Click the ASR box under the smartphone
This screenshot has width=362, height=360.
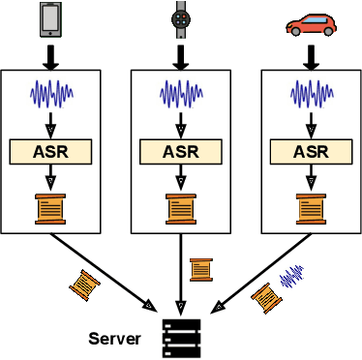[x=51, y=151]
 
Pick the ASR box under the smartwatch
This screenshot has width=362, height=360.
[x=180, y=151]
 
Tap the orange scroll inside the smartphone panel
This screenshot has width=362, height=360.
[x=51, y=208]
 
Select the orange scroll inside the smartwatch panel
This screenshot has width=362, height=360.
[x=180, y=208]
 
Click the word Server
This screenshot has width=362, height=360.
[x=115, y=339]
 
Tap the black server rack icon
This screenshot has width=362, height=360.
[x=180, y=335]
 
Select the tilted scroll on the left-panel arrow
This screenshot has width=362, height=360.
[x=86, y=283]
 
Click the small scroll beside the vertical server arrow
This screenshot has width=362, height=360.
[x=201, y=268]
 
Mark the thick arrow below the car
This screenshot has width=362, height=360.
[x=309, y=54]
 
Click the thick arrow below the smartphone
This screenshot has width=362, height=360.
[x=51, y=54]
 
